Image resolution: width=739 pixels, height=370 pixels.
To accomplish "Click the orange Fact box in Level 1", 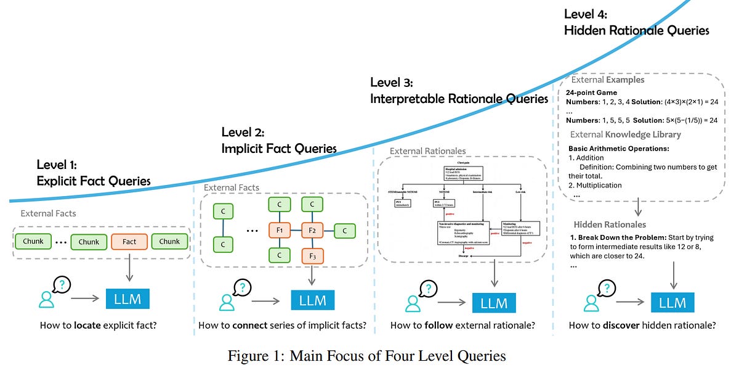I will point(129,241).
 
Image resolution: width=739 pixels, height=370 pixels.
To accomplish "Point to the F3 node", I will point(312,255).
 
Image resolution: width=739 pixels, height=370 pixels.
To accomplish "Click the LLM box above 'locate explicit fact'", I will point(127,300).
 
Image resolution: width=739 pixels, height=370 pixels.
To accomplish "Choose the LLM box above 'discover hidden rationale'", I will point(672,302).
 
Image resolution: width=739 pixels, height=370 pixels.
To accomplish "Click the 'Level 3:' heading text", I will point(392,83).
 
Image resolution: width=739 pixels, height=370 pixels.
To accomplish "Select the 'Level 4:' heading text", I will point(586,14).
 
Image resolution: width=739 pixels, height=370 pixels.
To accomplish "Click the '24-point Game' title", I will point(591,92).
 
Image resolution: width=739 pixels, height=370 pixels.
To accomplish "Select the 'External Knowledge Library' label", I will point(625,134).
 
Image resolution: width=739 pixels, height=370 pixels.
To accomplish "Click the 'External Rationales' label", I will point(427,150).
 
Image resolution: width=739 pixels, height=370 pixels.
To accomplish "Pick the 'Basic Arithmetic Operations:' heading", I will point(618,149).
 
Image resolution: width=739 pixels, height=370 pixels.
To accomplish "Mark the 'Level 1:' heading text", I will point(57,164).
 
